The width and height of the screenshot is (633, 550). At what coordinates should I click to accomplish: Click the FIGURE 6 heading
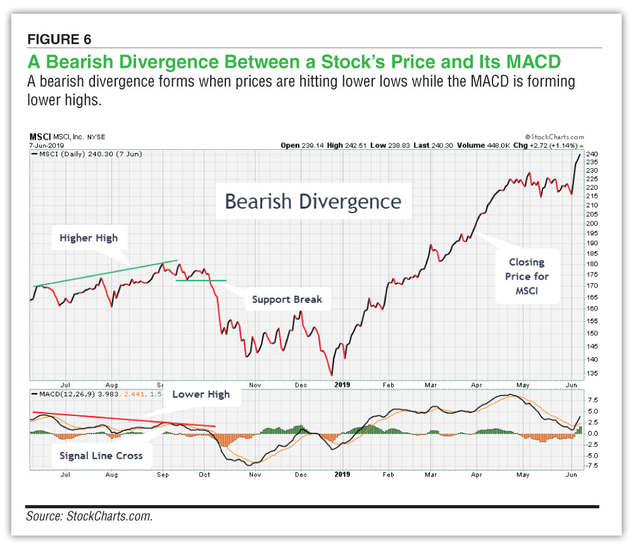click(x=60, y=39)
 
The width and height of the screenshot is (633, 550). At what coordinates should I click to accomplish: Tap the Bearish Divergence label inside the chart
click(x=313, y=201)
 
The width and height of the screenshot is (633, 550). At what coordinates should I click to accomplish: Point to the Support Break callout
click(x=287, y=299)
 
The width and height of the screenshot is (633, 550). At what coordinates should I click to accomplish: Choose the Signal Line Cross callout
click(x=101, y=455)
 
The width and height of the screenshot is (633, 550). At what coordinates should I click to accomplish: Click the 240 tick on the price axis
click(x=591, y=154)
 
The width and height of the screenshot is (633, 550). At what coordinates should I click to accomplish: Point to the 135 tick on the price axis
click(x=591, y=373)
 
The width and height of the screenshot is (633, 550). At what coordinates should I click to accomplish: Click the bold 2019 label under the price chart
click(x=342, y=384)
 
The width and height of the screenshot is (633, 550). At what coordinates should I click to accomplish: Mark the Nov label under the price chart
click(x=255, y=384)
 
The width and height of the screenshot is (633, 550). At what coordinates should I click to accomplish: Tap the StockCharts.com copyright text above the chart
click(x=554, y=137)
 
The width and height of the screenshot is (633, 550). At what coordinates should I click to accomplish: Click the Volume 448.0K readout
click(x=480, y=145)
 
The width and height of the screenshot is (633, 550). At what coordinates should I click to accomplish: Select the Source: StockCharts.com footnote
click(x=89, y=516)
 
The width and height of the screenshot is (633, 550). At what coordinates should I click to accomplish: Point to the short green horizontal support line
click(x=201, y=280)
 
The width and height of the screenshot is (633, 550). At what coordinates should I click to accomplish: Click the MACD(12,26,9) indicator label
click(x=60, y=395)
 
